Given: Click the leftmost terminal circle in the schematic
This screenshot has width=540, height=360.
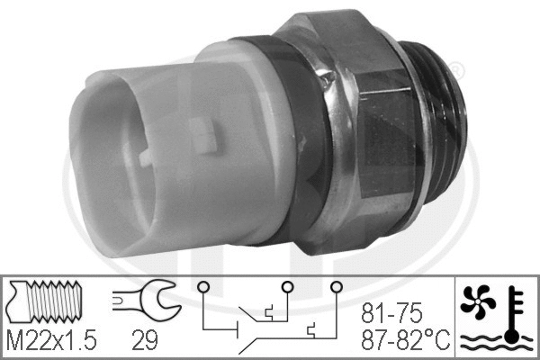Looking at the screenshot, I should point(204,289).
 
